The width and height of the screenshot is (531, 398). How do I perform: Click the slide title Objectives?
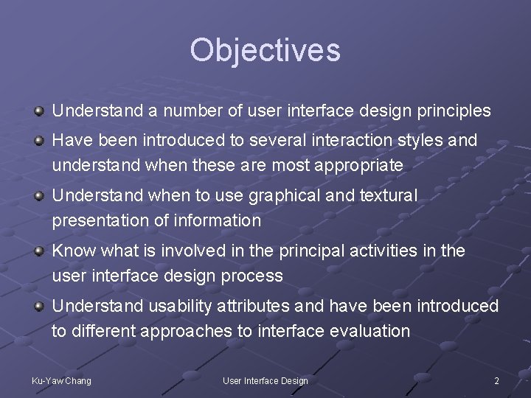265,50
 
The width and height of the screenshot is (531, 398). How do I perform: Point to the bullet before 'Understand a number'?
38,111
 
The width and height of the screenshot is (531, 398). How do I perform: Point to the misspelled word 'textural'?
389,196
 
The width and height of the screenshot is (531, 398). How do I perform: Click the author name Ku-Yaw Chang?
61,380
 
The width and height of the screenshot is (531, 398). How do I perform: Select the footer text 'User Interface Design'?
265,380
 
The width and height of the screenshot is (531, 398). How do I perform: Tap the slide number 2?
496,380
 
